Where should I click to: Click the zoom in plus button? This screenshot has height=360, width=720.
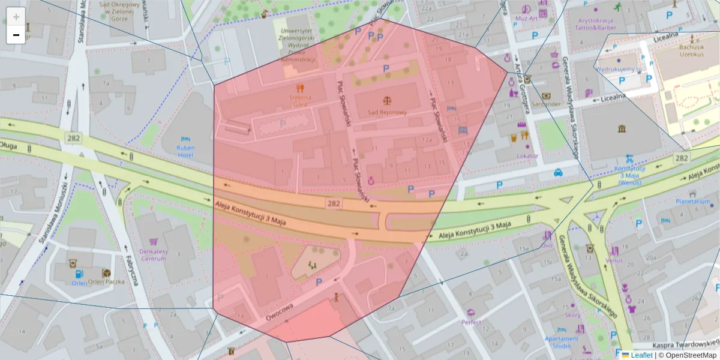pos(16,17)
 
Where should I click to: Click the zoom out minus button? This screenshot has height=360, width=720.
pos(16,35)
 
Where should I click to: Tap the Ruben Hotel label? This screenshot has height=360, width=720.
pos(185,151)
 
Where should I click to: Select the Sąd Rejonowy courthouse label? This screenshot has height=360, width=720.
pos(387,112)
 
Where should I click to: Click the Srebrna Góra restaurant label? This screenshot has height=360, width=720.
pos(299,100)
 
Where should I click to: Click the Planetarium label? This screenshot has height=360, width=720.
pos(693,202)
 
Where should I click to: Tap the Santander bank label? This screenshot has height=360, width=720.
pos(545,104)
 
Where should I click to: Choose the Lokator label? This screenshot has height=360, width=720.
pos(527,156)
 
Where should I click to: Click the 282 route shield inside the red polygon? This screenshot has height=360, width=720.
pos(335,204)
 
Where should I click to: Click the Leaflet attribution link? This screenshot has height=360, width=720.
pos(641,355)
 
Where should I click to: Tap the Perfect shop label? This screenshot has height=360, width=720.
pos(471,322)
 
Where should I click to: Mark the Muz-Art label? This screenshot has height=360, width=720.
pos(526,18)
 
